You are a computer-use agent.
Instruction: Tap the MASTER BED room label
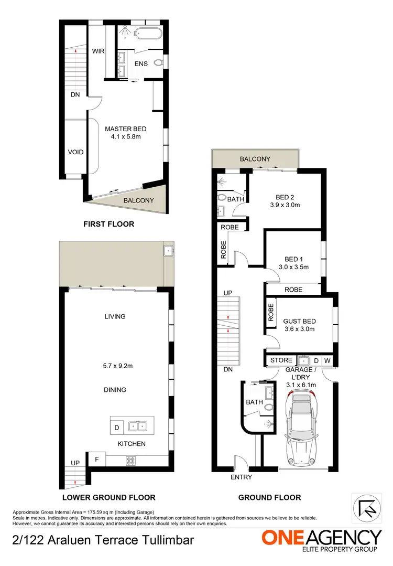(x=125, y=129)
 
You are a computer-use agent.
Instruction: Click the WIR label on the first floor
(x=98, y=51)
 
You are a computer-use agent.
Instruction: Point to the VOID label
(x=75, y=153)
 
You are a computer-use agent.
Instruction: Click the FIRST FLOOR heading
(x=109, y=224)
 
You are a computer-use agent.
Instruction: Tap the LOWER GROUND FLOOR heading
(x=108, y=497)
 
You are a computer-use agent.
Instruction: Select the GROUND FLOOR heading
(x=269, y=497)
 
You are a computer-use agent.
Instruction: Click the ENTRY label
(x=241, y=477)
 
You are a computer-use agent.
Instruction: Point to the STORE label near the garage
(x=281, y=360)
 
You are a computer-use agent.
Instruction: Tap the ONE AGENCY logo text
(x=322, y=537)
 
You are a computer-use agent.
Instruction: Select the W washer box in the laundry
(x=327, y=361)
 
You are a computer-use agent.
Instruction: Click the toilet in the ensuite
(x=160, y=63)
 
